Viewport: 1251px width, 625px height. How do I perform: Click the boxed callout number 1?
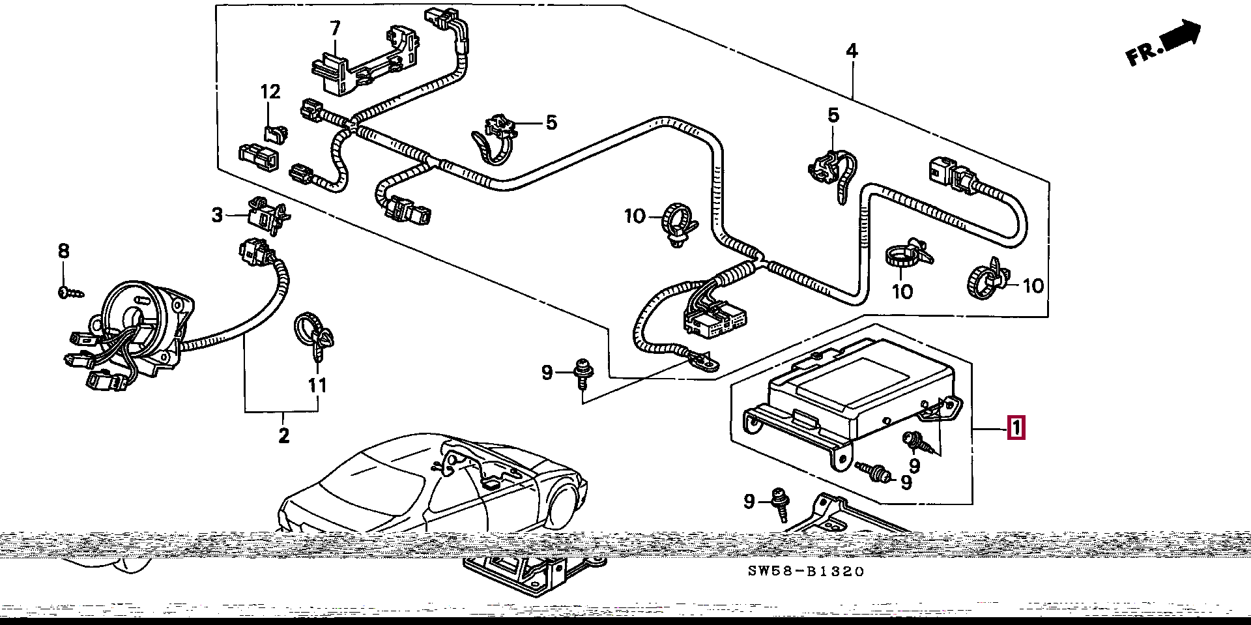[1016, 428]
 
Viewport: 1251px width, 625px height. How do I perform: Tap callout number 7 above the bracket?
[335, 29]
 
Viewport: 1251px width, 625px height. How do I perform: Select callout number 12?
[270, 92]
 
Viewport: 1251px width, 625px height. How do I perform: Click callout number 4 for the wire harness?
[852, 51]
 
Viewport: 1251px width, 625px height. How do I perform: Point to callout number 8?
[63, 251]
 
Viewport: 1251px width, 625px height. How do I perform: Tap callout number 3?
[217, 214]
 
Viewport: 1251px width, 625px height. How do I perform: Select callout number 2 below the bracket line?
[283, 435]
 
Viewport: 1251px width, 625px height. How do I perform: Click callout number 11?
[317, 385]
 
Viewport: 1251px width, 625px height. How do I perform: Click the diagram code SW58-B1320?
[805, 572]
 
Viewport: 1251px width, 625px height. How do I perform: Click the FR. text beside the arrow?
[1142, 54]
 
